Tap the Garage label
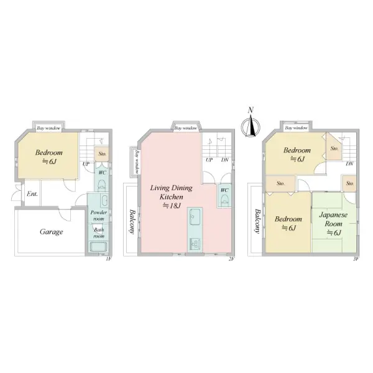pos(52,232)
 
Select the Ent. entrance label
pos(32,194)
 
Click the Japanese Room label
pos(333,219)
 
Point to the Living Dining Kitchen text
pos(172,192)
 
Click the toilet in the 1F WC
pos(102,185)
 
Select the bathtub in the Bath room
pos(98,247)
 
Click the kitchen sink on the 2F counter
pos(195,217)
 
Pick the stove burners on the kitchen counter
pos(195,244)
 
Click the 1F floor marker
pos(108,259)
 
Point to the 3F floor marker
pos(356,259)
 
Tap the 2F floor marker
pos(232,259)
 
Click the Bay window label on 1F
pos(48,128)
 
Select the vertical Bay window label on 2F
pos(137,162)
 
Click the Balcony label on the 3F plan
pos(257,221)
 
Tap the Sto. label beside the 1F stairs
pos(103,154)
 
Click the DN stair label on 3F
pos(349,163)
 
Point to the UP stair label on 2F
pos(209,160)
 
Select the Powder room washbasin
pos(104,201)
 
